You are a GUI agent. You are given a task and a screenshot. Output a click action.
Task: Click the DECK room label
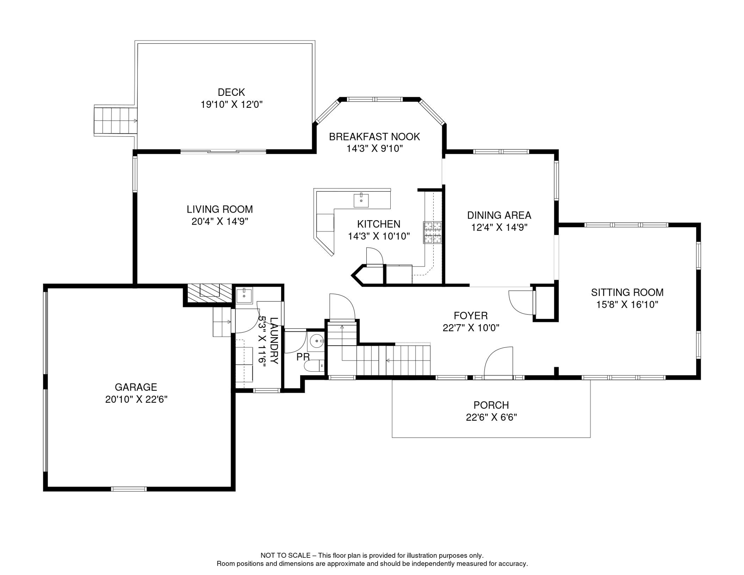click(231, 92)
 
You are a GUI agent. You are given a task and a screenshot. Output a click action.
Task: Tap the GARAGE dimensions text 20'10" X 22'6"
click(136, 399)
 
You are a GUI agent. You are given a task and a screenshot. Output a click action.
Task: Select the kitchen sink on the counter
click(361, 200)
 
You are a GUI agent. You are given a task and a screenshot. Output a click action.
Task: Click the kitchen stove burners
click(432, 232)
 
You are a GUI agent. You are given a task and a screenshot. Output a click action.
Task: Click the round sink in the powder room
click(317, 341)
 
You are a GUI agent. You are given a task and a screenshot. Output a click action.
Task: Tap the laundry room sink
click(244, 295)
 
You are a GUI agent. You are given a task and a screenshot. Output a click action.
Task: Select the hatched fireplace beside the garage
click(210, 293)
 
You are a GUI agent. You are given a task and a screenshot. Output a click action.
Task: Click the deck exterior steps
click(116, 121)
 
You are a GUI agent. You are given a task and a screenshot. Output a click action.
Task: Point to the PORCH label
click(491, 405)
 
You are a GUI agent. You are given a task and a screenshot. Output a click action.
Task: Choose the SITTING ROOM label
click(627, 292)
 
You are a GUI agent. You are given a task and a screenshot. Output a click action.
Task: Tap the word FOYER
click(470, 316)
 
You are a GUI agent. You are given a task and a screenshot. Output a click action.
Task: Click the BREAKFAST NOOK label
click(374, 137)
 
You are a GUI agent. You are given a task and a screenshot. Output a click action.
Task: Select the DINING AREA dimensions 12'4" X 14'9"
click(499, 228)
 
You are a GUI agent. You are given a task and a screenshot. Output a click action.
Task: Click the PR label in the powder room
click(303, 357)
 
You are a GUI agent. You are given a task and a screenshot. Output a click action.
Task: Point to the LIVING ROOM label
click(220, 209)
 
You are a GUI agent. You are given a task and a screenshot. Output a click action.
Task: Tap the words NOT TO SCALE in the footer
click(286, 556)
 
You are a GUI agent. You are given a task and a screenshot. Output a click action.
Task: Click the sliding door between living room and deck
click(223, 152)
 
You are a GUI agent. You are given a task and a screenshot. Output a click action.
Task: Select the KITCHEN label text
click(379, 224)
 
